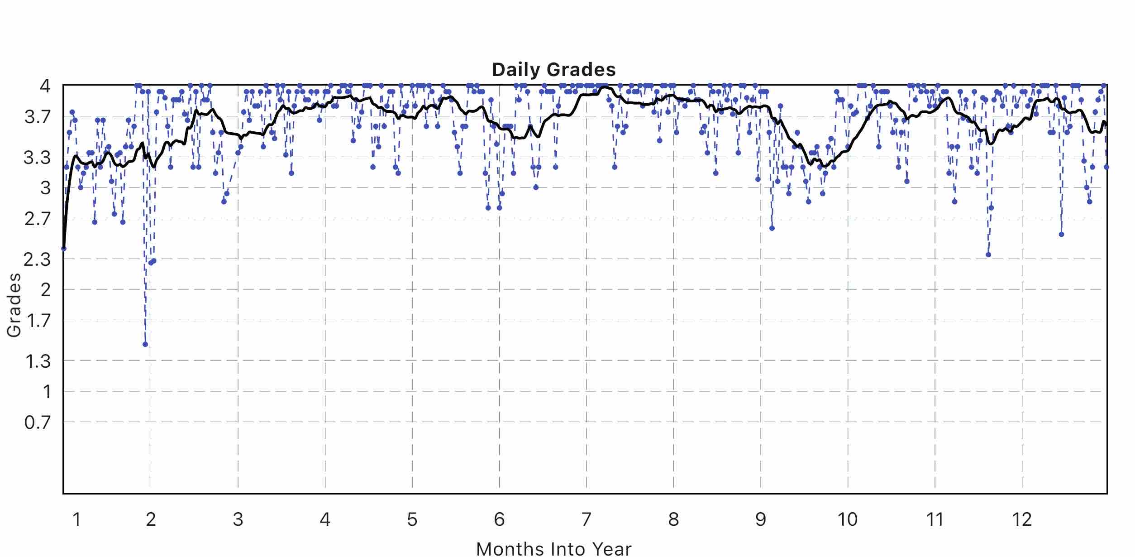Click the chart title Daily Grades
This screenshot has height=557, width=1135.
(553, 70)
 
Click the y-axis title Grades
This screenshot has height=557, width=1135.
(14, 305)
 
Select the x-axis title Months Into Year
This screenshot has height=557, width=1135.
(553, 548)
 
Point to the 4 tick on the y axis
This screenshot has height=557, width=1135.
(45, 86)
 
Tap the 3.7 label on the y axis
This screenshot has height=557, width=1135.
(38, 117)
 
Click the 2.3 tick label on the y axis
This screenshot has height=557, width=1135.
(38, 259)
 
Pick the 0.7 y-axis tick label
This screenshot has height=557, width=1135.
(38, 423)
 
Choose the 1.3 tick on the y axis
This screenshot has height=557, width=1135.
(38, 361)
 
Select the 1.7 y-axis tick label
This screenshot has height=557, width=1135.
(38, 321)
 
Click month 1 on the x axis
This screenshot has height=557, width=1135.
(76, 519)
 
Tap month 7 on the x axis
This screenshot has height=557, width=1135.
(586, 519)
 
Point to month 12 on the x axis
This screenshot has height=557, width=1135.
(1022, 519)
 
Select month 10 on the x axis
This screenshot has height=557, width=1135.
(847, 519)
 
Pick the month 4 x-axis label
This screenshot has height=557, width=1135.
(325, 519)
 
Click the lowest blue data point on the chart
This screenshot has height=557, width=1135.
(145, 344)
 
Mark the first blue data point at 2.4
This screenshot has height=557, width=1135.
(64, 249)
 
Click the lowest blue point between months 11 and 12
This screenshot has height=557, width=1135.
(988, 255)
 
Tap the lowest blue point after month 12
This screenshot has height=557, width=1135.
(1061, 235)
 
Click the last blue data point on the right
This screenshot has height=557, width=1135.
(1106, 167)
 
